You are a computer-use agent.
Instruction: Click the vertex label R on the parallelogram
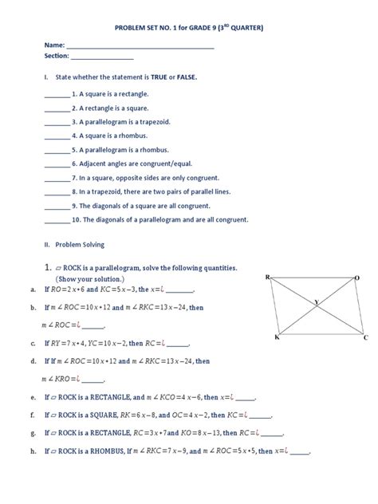pyautogui.click(x=269, y=278)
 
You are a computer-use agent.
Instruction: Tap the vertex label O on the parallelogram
pyautogui.click(x=357, y=278)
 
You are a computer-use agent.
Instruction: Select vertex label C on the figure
pyautogui.click(x=365, y=338)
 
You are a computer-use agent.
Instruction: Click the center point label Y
pyautogui.click(x=315, y=301)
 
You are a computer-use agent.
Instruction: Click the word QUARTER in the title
pyautogui.click(x=239, y=28)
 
